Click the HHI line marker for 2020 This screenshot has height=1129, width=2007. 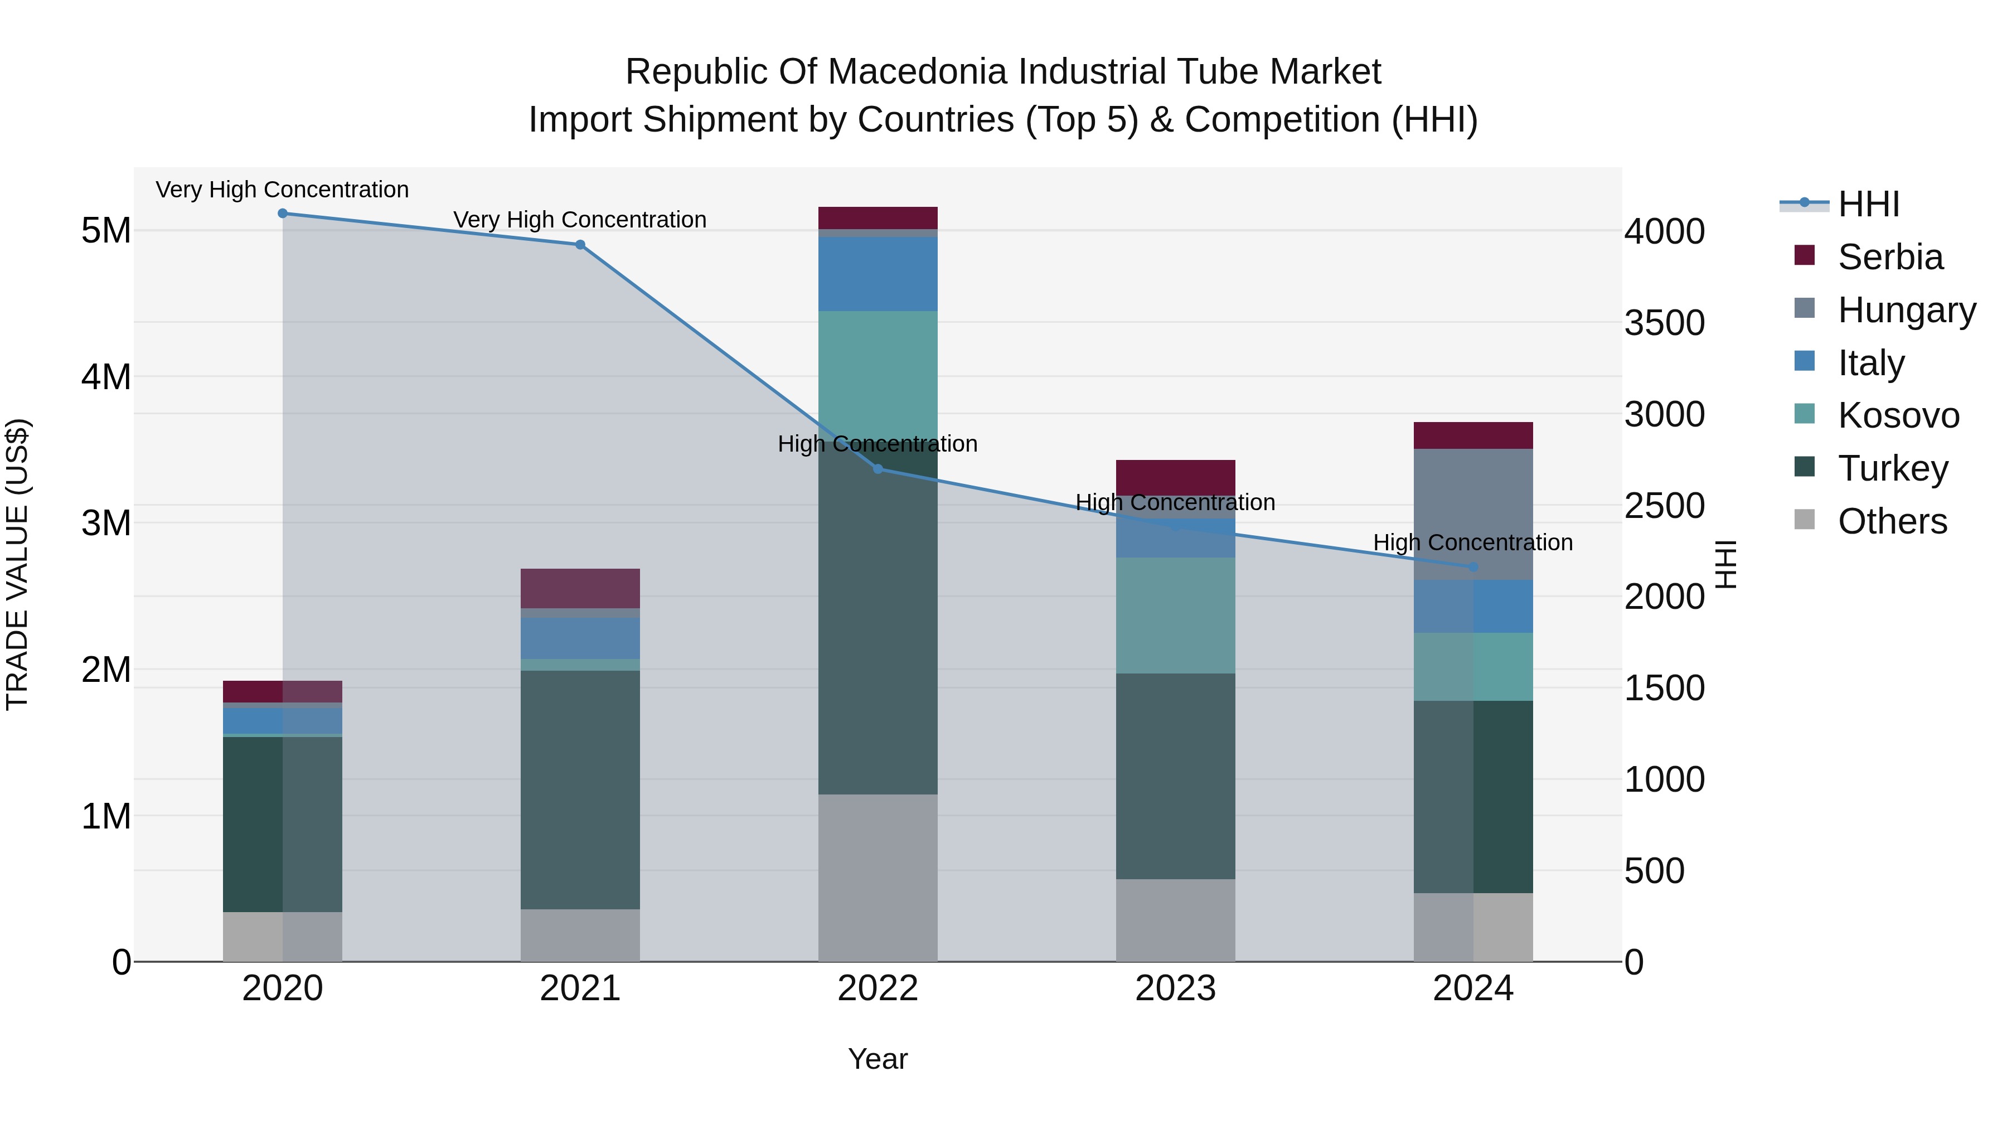[x=283, y=214]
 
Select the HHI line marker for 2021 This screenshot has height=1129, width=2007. [x=580, y=245]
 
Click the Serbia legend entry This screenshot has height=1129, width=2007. [x=1890, y=257]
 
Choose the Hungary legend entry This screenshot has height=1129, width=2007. [x=1906, y=310]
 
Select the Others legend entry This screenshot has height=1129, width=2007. [x=1892, y=521]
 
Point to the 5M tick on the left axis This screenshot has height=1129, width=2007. [x=106, y=231]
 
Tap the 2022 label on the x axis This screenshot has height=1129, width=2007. [x=878, y=989]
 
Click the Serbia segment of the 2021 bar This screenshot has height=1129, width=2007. [x=580, y=588]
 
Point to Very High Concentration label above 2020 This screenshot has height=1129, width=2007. [x=282, y=190]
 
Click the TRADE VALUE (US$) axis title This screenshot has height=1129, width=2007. [x=17, y=564]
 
